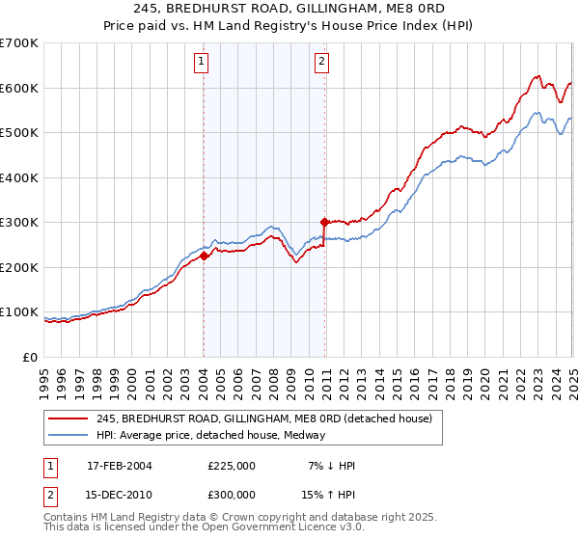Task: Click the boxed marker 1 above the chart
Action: point(202,64)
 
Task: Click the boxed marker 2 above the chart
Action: point(320,64)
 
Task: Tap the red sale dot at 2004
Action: point(205,256)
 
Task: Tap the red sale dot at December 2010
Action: point(324,222)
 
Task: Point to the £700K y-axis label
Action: point(19,43)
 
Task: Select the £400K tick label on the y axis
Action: point(19,177)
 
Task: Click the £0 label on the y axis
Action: point(29,357)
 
